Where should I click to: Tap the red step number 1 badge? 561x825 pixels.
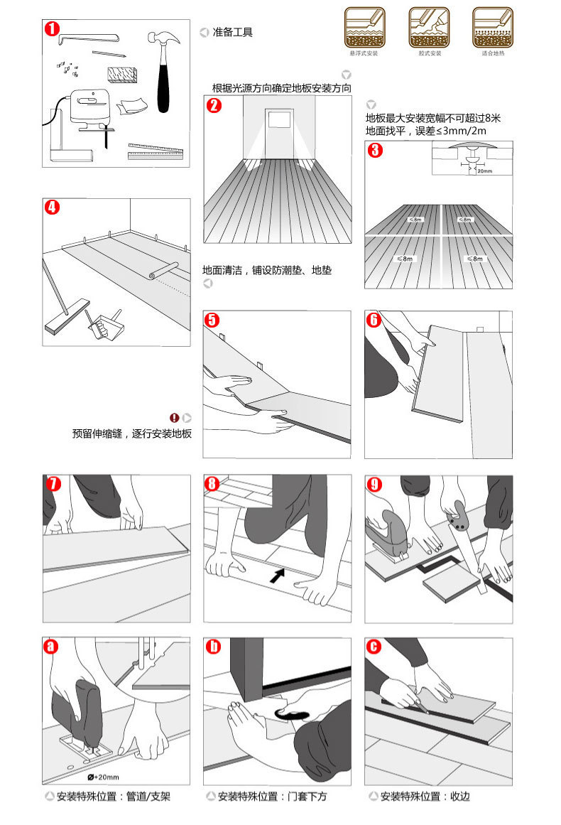52,29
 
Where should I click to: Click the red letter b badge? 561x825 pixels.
213,647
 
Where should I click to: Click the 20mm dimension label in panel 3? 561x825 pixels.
484,171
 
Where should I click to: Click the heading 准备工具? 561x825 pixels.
232,32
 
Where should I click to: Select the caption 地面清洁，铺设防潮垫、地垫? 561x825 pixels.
267,271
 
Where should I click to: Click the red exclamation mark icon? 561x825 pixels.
175,418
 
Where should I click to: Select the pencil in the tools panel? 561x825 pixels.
108,53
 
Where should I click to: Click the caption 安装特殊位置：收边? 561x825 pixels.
425,797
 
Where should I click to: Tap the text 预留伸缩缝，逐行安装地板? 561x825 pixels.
132,433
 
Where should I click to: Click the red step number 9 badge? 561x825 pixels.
374,485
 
